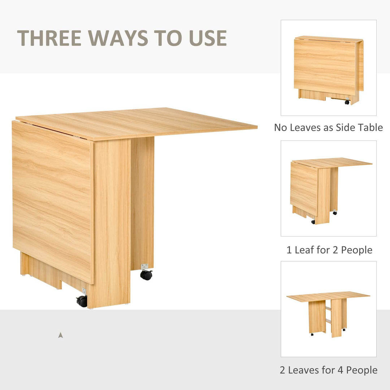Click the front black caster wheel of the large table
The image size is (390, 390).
click(x=82, y=301)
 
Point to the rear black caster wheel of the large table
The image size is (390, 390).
click(x=146, y=275)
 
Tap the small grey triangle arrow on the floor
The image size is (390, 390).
click(x=61, y=335)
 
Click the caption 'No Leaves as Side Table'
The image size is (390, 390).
click(x=328, y=127)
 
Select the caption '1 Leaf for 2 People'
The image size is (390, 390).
click(x=329, y=250)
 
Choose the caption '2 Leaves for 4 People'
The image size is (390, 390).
click(x=328, y=370)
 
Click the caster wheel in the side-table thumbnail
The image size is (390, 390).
click(x=347, y=102)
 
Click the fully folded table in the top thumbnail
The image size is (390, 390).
click(x=328, y=69)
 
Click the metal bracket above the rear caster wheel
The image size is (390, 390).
click(x=145, y=267)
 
